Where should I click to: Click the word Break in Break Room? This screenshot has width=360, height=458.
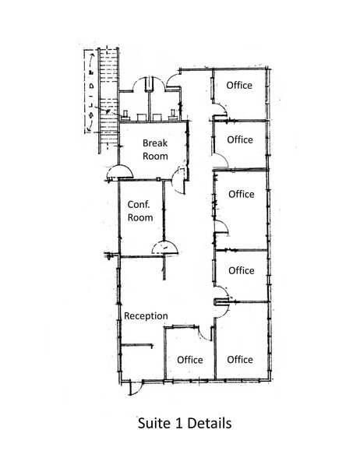155,143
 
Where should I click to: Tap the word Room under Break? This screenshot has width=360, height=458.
155,156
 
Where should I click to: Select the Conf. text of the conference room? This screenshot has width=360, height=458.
139,204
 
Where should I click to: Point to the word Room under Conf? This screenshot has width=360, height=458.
139,217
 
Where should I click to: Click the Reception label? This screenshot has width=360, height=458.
146,315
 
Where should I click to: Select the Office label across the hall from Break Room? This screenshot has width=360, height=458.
240,140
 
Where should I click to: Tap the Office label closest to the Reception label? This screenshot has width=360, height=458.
190,359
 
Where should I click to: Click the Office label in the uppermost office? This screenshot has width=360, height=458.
239,86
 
